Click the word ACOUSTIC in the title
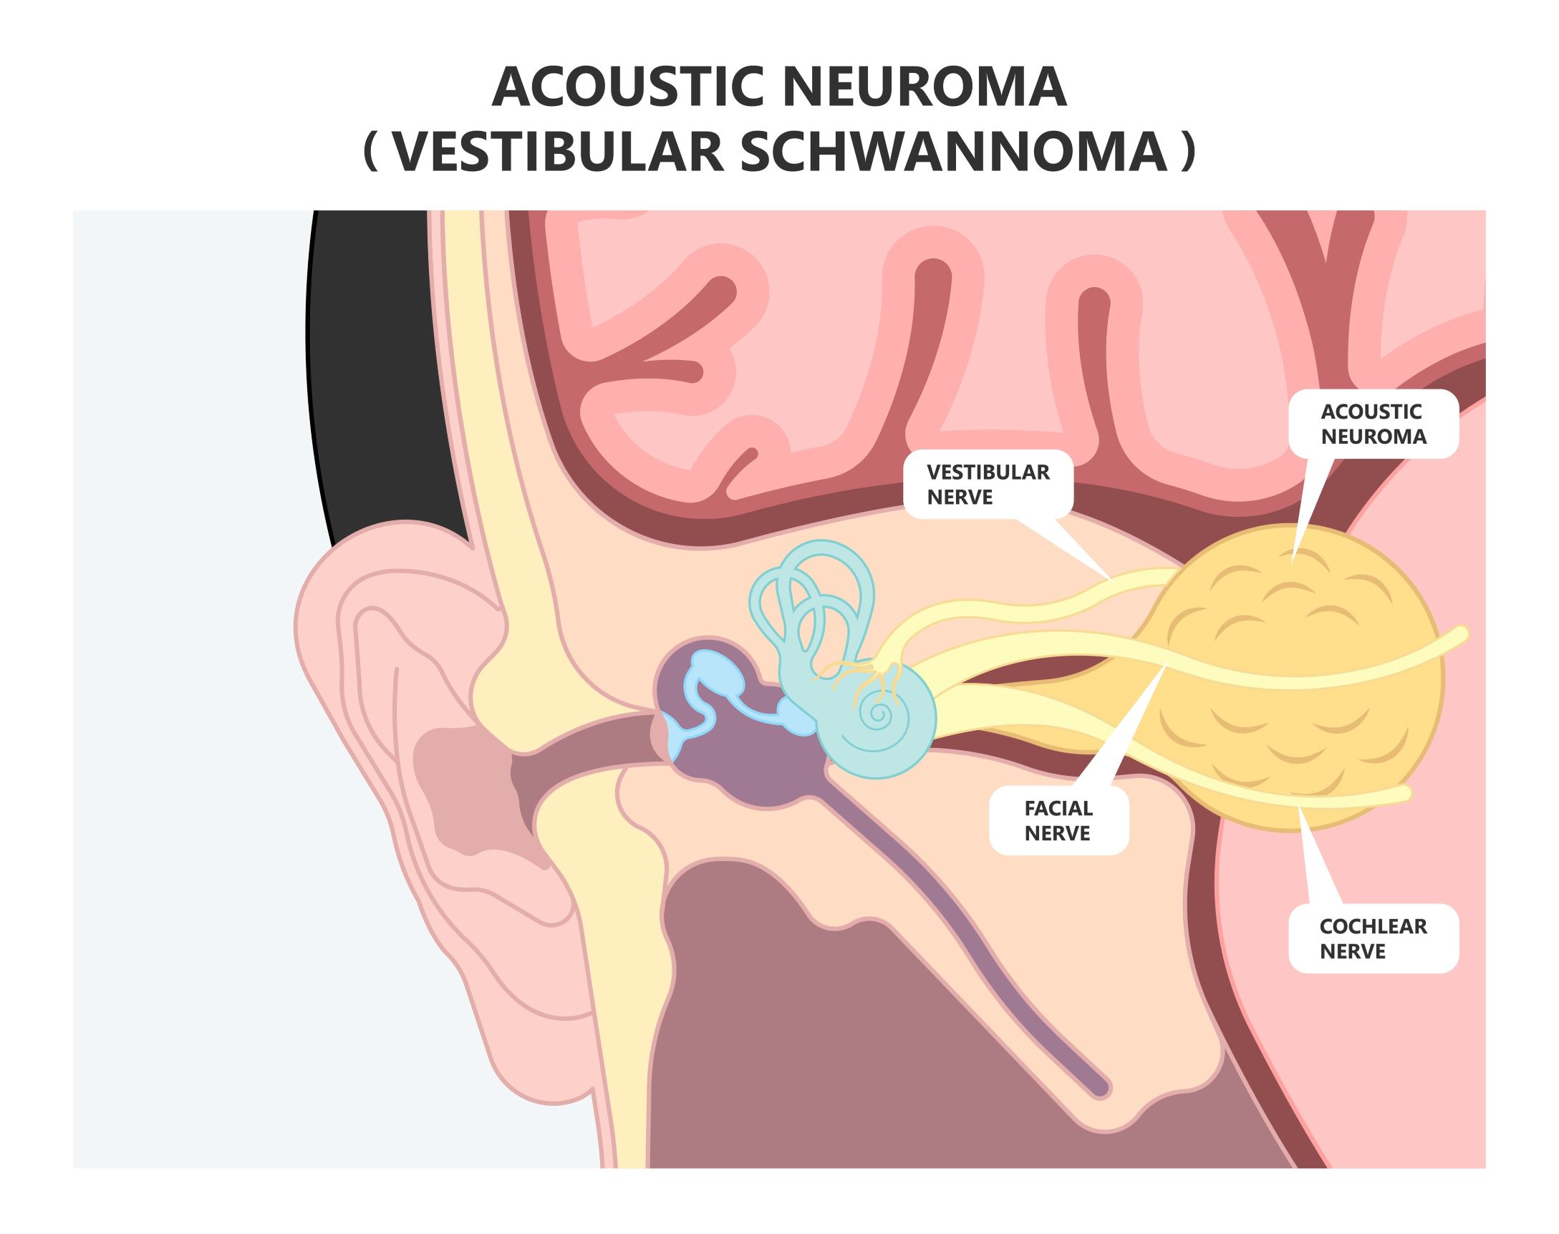pyautogui.click(x=627, y=87)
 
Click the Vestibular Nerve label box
pyautogui.click(x=988, y=484)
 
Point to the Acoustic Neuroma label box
pyautogui.click(x=1374, y=424)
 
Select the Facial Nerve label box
pyautogui.click(x=1058, y=821)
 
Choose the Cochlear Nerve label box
pyautogui.click(x=1374, y=938)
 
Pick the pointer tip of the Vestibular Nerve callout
pyautogui.click(x=1110, y=577)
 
